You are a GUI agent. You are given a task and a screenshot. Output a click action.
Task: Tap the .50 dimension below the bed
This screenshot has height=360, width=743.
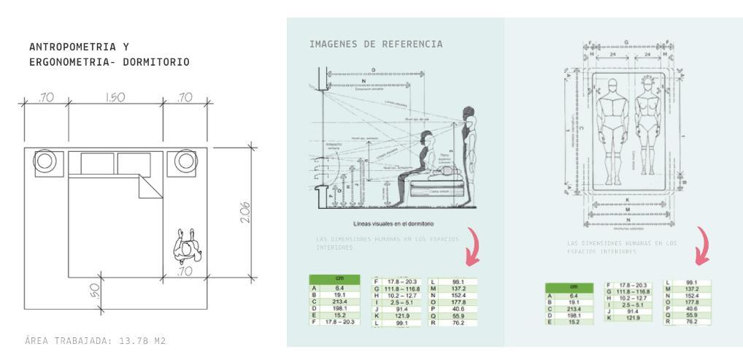pyautogui.click(x=94, y=292)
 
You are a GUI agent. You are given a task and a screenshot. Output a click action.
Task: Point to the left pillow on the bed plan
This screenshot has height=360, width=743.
pyautogui.click(x=96, y=163)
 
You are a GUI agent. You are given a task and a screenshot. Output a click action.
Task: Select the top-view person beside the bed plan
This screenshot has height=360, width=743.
pyautogui.click(x=186, y=247)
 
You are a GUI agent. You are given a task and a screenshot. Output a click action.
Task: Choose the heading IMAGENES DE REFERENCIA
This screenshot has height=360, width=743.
pyautogui.click(x=376, y=45)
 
